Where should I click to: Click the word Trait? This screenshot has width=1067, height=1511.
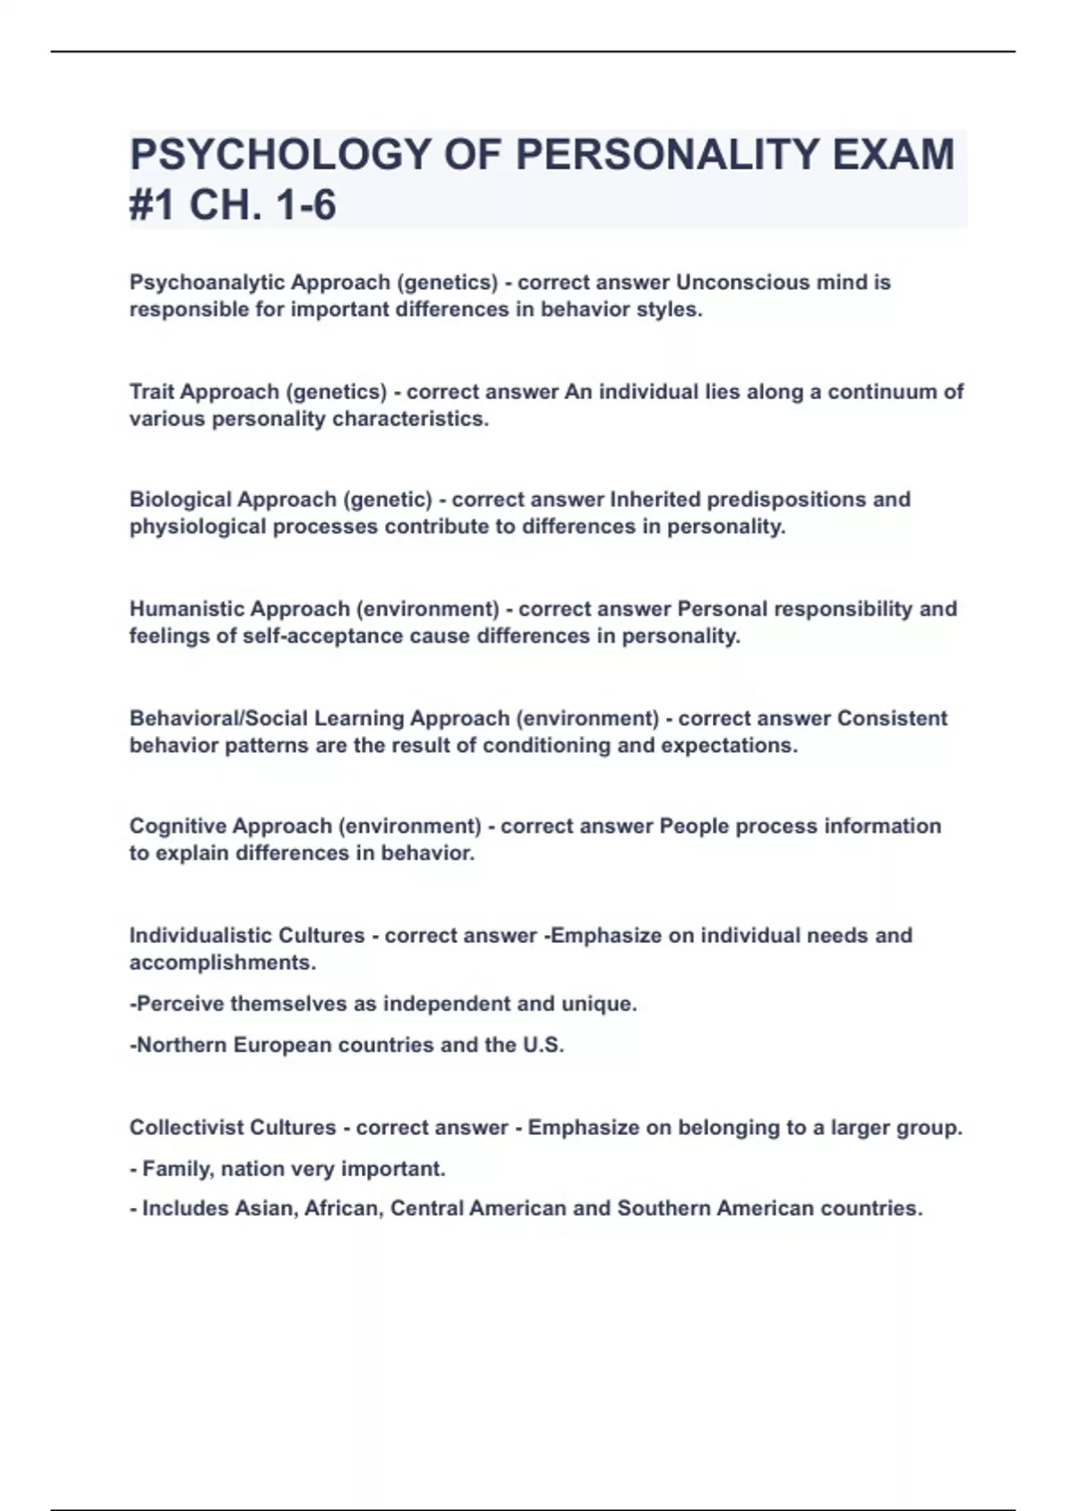pyautogui.click(x=152, y=392)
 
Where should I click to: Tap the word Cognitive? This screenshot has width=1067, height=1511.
pyautogui.click(x=177, y=827)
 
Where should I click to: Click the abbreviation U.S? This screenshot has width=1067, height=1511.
pyautogui.click(x=542, y=1045)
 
